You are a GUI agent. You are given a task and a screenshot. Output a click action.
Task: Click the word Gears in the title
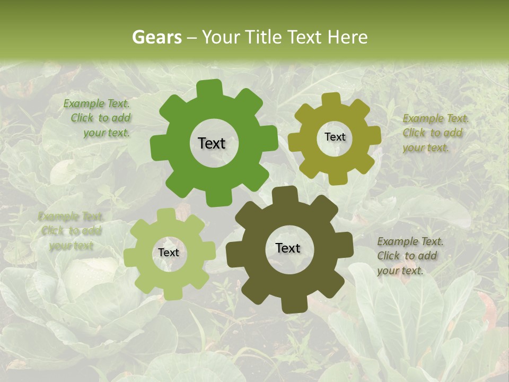[156, 37]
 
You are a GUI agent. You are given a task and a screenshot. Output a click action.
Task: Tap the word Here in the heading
[347, 37]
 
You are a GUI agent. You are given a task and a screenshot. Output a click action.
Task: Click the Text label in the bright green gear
[212, 143]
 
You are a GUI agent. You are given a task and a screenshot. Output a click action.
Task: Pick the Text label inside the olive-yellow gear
[335, 137]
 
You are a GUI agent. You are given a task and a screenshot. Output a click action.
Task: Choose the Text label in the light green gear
[169, 253]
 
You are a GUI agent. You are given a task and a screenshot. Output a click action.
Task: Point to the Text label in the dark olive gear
[288, 248]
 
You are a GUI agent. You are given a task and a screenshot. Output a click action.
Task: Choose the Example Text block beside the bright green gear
[98, 118]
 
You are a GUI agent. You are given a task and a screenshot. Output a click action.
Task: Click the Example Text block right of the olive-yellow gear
[434, 133]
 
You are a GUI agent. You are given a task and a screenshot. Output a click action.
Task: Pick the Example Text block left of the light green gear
[71, 231]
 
